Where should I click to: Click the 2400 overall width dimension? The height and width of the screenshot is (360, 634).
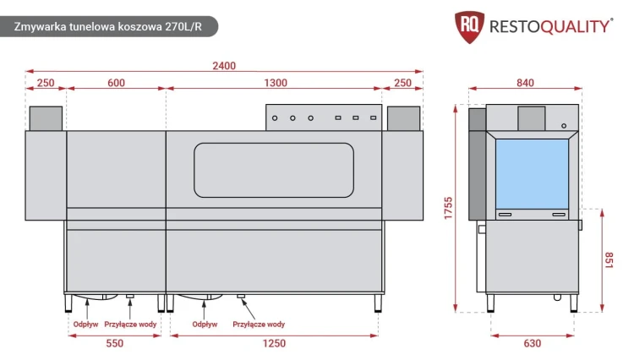click(224, 66)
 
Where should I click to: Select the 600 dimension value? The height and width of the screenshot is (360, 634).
click(116, 83)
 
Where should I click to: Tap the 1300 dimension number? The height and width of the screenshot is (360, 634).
click(276, 83)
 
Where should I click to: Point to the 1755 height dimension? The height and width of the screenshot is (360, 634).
click(448, 209)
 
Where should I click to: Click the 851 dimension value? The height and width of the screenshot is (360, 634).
click(609, 260)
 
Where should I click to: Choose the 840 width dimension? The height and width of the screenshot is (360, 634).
click(525, 83)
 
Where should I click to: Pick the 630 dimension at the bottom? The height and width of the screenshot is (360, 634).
click(532, 343)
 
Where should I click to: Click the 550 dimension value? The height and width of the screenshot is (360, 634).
click(114, 343)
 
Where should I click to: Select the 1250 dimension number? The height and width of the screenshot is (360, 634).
click(274, 343)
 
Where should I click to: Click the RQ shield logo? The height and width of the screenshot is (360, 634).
click(469, 27)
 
